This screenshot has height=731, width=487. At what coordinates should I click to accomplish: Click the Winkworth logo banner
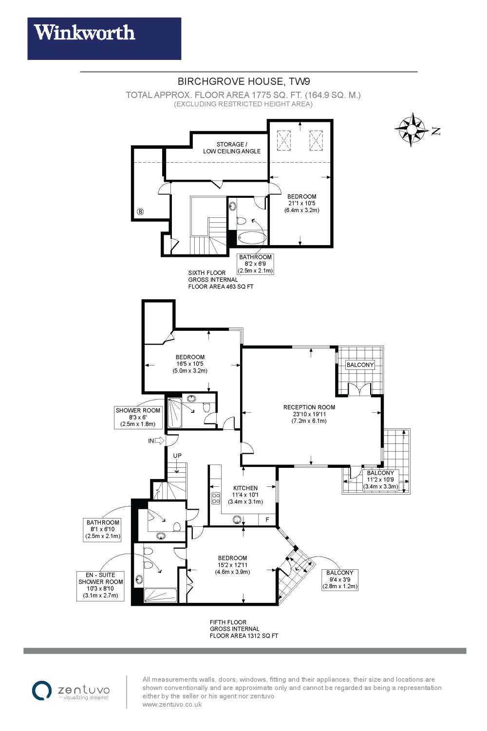pos(104,38)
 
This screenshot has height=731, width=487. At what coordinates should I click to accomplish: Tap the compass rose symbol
pos(412,130)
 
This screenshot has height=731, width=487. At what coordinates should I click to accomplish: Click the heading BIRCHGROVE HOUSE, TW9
pos(243,81)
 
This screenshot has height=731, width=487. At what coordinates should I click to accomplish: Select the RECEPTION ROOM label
pos(309,407)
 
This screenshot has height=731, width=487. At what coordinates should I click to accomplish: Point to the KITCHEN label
pos(245,488)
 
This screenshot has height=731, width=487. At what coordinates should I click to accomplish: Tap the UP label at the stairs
pos(177,456)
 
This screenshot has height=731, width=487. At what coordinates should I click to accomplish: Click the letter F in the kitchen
pos(267,520)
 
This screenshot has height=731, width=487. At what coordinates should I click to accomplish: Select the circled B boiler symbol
pos(140,212)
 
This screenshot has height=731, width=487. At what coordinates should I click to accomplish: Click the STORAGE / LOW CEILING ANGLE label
pos(232,148)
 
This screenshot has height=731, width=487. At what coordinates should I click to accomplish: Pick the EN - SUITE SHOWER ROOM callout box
pos(101,585)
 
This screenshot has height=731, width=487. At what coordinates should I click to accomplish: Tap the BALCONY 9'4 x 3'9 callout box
pos(340,579)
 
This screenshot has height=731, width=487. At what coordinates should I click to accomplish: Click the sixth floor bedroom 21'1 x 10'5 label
pos(301,203)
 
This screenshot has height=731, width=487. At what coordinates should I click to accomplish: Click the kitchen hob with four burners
pos(216,498)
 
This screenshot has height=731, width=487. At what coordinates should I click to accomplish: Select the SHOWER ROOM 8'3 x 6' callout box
pos(138,417)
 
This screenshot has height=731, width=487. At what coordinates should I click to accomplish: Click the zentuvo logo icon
pos(42,690)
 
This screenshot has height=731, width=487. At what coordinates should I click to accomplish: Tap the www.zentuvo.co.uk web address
pos(172,704)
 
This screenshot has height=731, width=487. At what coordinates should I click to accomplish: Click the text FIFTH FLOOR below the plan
pos(228,622)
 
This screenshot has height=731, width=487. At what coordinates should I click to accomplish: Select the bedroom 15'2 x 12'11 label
pos(232,565)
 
